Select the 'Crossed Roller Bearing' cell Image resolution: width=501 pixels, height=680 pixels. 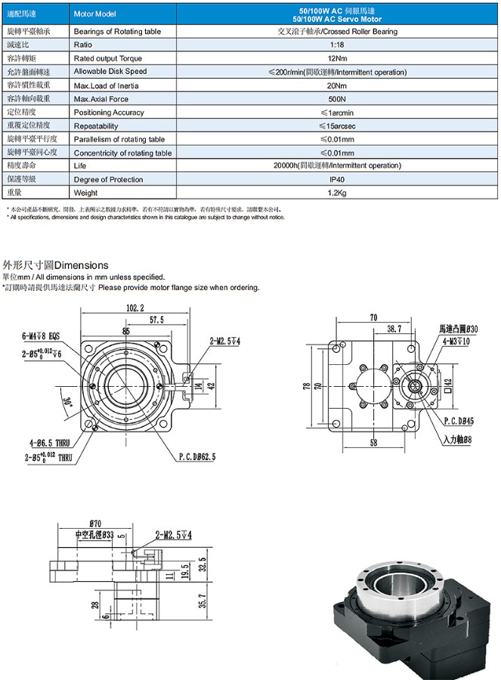point(337,32)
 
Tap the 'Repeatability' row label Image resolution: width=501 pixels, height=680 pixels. point(96,125)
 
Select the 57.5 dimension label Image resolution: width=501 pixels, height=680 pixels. point(156,320)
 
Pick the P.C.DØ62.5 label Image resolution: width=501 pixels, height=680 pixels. point(197,456)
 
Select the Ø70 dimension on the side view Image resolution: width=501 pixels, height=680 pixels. point(96,523)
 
